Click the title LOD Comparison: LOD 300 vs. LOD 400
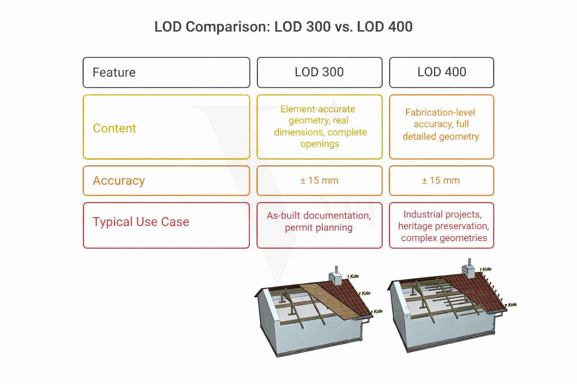click(283, 27)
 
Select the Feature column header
click(166, 72)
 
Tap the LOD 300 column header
click(319, 72)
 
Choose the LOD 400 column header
click(441, 72)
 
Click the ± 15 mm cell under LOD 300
click(319, 180)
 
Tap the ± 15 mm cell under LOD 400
click(441, 180)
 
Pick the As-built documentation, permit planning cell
click(319, 222)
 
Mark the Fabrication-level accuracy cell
click(441, 124)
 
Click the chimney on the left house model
click(335, 277)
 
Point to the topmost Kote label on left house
click(354, 276)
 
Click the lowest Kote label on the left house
click(378, 311)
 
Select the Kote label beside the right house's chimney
click(486, 269)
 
